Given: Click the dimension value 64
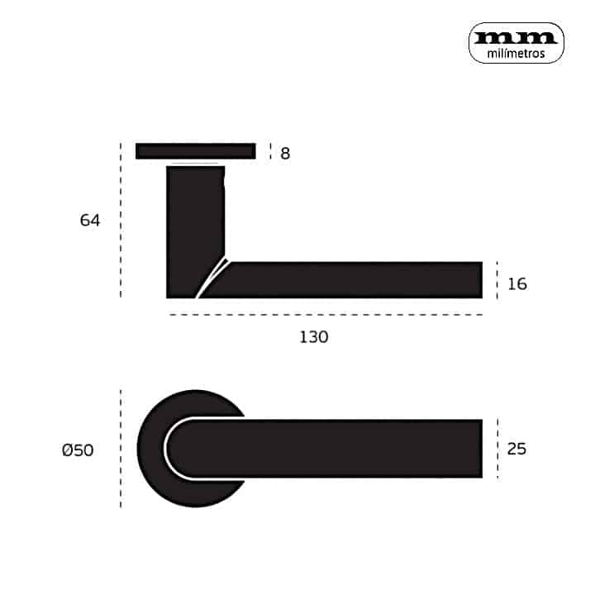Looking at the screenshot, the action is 90,221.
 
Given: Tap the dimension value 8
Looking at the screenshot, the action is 285,154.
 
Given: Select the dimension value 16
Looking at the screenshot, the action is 517,284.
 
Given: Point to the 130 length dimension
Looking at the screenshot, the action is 314,337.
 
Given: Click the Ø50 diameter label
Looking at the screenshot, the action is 78,450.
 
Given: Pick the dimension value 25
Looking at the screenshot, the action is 516,449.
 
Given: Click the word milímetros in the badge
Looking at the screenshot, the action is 516,54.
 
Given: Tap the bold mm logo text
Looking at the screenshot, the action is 516,37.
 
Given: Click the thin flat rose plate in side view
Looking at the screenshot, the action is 196,151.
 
